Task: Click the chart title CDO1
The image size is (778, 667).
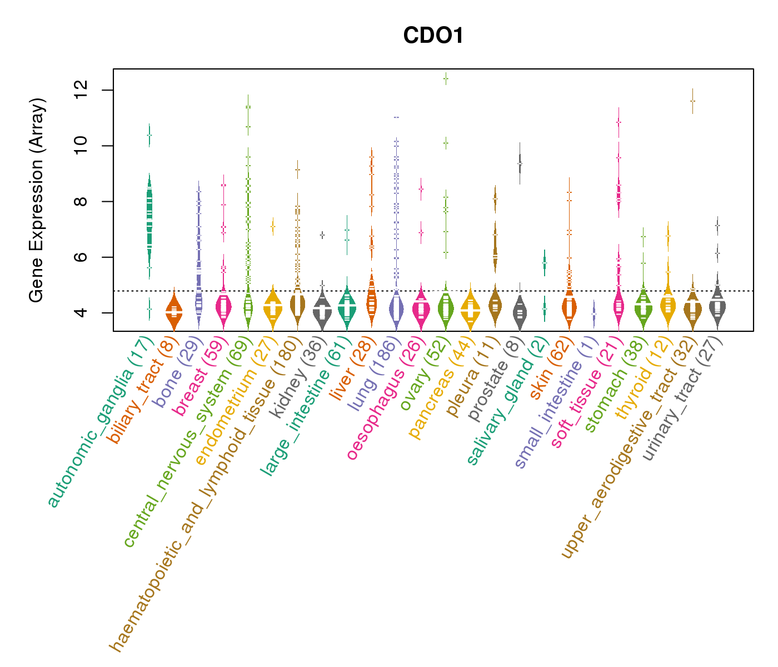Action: [433, 36]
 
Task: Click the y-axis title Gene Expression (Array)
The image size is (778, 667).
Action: [37, 201]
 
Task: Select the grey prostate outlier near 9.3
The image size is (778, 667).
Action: [520, 164]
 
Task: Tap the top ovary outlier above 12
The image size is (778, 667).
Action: [446, 79]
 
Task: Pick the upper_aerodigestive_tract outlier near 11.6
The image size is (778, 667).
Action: [692, 101]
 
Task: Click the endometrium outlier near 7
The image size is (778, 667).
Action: [273, 226]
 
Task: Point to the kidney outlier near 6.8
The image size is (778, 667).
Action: [322, 235]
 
